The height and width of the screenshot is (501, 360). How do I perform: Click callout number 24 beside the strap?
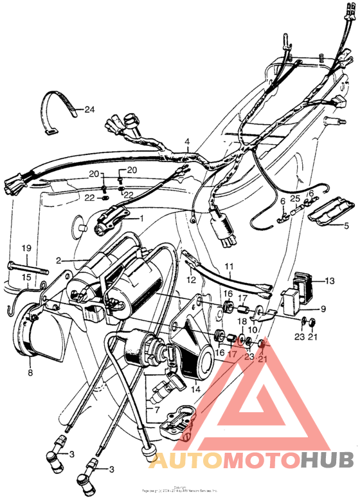tap(89, 110)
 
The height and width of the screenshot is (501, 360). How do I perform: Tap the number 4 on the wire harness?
tap(187, 142)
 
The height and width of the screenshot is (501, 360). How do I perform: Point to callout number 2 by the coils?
tap(59, 260)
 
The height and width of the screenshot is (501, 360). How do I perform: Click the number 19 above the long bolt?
tap(27, 248)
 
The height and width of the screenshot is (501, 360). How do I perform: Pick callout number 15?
tap(27, 277)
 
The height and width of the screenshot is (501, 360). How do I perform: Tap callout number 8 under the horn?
tap(30, 371)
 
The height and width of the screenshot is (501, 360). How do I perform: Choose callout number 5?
tap(346, 226)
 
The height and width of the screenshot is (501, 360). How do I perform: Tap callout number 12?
tap(191, 280)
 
